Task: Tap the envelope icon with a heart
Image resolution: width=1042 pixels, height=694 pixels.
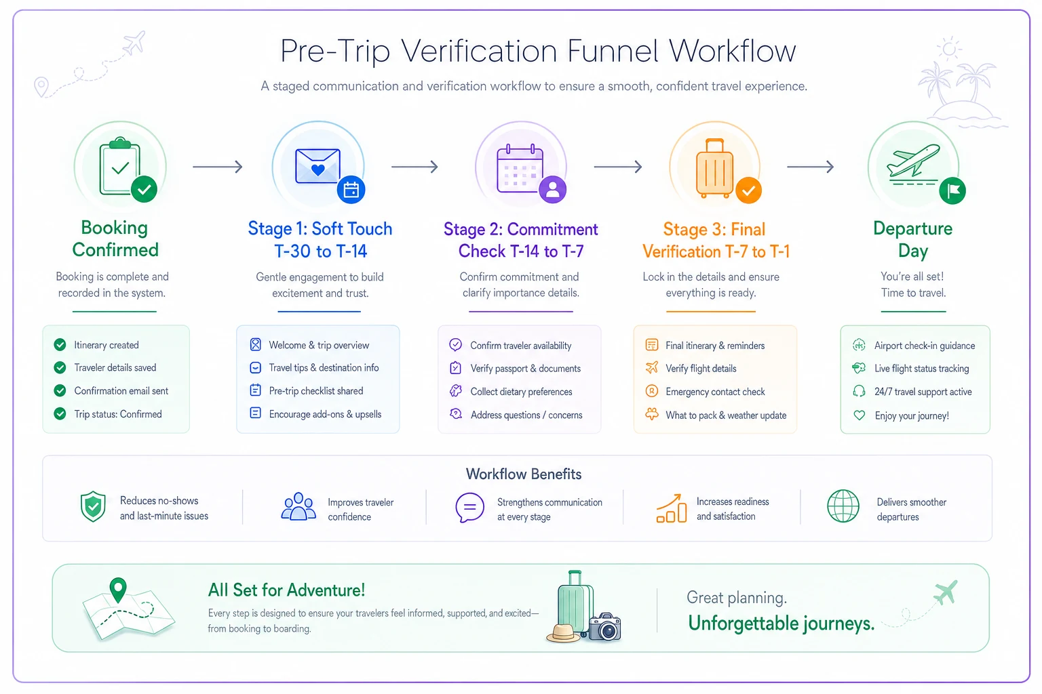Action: pyautogui.click(x=317, y=165)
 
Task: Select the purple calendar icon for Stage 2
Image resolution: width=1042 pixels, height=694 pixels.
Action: pyautogui.click(x=520, y=169)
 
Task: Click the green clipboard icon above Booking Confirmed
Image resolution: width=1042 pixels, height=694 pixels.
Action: pyautogui.click(x=120, y=166)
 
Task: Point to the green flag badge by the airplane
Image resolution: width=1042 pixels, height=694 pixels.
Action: pyautogui.click(x=952, y=190)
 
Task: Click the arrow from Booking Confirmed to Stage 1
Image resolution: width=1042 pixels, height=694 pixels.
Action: pyautogui.click(x=218, y=167)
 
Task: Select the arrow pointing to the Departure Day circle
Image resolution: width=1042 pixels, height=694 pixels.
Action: pyautogui.click(x=811, y=167)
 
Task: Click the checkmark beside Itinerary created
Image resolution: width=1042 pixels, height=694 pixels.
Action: pyautogui.click(x=60, y=345)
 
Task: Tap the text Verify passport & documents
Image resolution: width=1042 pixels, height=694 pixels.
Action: pyautogui.click(x=525, y=369)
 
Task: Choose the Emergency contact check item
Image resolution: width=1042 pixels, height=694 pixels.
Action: pyautogui.click(x=715, y=392)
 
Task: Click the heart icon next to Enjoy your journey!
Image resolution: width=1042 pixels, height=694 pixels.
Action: pyautogui.click(x=860, y=415)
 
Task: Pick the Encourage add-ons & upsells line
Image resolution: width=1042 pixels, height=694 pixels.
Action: pyautogui.click(x=325, y=414)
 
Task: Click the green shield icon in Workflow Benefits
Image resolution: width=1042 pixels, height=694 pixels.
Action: pyautogui.click(x=93, y=506)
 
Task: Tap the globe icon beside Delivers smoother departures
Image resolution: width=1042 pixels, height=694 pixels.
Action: pyautogui.click(x=843, y=506)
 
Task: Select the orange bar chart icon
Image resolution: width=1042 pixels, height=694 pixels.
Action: pyautogui.click(x=671, y=508)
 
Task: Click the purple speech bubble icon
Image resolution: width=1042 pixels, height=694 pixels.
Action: pyautogui.click(x=469, y=508)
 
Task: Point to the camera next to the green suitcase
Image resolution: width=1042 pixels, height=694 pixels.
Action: pyautogui.click(x=604, y=628)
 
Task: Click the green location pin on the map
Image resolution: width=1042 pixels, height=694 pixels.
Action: pyautogui.click(x=118, y=590)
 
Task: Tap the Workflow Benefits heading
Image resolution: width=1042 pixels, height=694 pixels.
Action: pyautogui.click(x=524, y=474)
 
